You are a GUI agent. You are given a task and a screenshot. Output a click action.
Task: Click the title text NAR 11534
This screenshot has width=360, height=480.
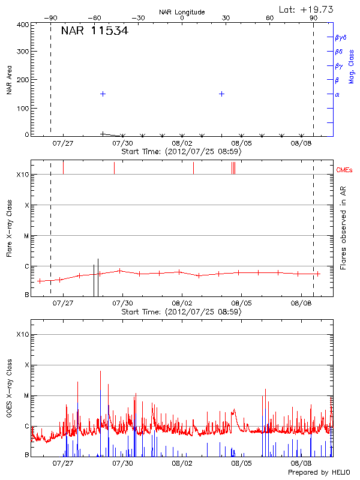click(94, 31)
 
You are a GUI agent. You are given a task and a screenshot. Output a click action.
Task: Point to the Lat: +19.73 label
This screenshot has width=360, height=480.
click(307, 9)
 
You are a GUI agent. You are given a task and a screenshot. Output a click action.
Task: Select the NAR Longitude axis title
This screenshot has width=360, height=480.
click(182, 12)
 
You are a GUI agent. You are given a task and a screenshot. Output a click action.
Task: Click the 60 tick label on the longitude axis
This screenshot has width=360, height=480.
click(270, 19)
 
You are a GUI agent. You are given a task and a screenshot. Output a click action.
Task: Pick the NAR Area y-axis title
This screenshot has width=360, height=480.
click(10, 80)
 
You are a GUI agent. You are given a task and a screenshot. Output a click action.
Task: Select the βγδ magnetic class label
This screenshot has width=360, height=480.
click(340, 37)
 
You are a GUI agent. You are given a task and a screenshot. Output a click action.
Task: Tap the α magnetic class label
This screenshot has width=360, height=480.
click(337, 94)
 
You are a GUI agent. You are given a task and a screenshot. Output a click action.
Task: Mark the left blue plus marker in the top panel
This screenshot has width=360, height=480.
click(103, 94)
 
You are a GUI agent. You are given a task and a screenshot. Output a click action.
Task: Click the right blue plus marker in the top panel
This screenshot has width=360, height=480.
click(222, 94)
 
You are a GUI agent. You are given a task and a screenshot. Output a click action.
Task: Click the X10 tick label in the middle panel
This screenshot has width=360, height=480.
click(23, 175)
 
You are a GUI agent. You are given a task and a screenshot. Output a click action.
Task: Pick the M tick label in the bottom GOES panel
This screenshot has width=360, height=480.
click(26, 396)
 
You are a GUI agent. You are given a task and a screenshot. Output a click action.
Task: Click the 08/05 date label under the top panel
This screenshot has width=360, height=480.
click(241, 143)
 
